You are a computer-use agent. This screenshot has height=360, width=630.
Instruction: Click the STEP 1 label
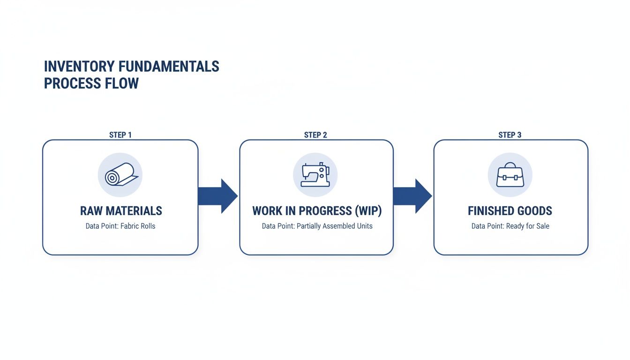click(x=120, y=135)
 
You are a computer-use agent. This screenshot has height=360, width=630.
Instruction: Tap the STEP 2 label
click(x=315, y=135)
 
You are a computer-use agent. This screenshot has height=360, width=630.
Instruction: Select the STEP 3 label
click(x=510, y=135)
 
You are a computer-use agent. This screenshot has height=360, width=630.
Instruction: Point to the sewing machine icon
click(x=315, y=175)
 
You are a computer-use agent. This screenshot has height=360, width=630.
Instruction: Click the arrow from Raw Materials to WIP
click(x=217, y=196)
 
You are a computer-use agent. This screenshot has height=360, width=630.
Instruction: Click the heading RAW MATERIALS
click(x=121, y=211)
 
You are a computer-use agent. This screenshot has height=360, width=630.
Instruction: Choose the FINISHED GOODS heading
click(x=510, y=211)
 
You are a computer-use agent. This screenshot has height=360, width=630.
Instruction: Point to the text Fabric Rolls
click(x=138, y=226)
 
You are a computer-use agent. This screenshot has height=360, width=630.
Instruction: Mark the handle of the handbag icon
click(x=510, y=165)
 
